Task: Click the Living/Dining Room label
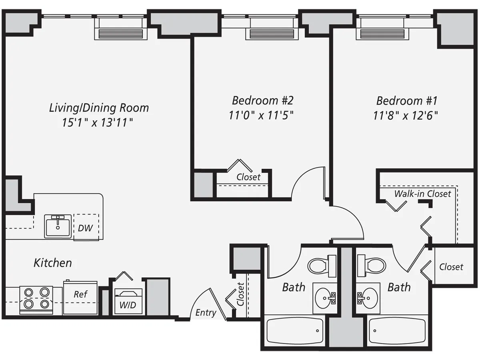(x=99, y=108)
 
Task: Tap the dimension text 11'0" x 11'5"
(x=261, y=116)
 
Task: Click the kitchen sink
(x=58, y=226)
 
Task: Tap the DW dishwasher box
(x=86, y=228)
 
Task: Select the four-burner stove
(x=36, y=298)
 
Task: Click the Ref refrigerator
(x=80, y=296)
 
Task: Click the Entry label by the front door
(x=206, y=313)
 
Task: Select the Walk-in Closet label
(x=423, y=194)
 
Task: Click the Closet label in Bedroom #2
(x=248, y=177)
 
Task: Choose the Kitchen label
(x=53, y=263)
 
